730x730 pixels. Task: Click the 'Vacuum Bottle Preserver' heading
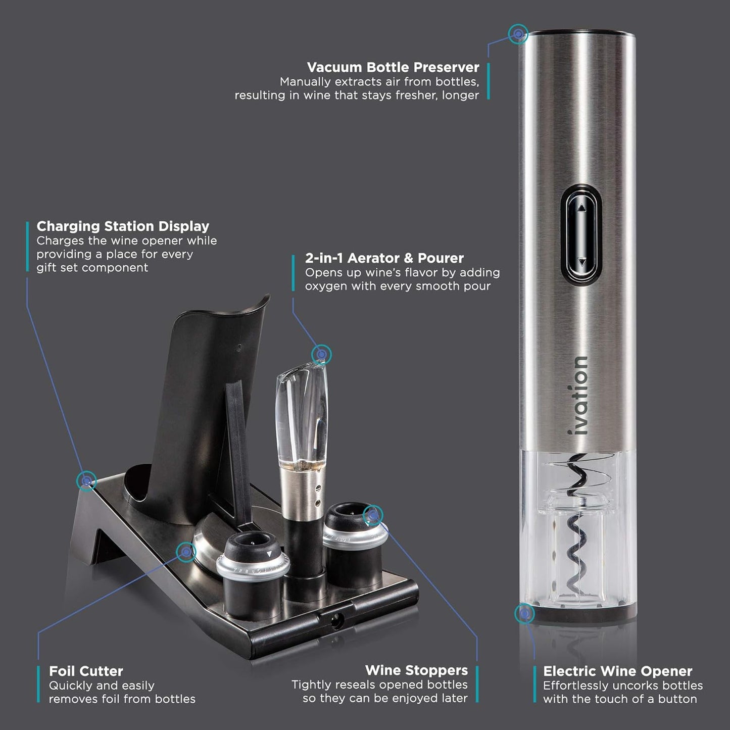[393, 67]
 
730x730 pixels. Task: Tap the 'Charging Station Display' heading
[123, 226]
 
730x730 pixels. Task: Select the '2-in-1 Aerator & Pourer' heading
[384, 258]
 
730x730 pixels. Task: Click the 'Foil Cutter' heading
[86, 671]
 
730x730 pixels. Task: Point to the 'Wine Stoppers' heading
[416, 670]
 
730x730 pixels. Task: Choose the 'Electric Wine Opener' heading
[617, 671]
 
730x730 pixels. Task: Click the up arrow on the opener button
[581, 207]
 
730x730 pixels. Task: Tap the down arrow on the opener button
[581, 262]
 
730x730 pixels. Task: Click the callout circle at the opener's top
[518, 34]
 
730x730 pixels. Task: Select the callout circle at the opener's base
[524, 614]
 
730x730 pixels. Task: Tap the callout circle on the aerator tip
[321, 355]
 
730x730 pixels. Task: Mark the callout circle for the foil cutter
[186, 552]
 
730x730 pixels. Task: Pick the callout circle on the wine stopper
[373, 515]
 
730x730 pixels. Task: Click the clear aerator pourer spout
[302, 414]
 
